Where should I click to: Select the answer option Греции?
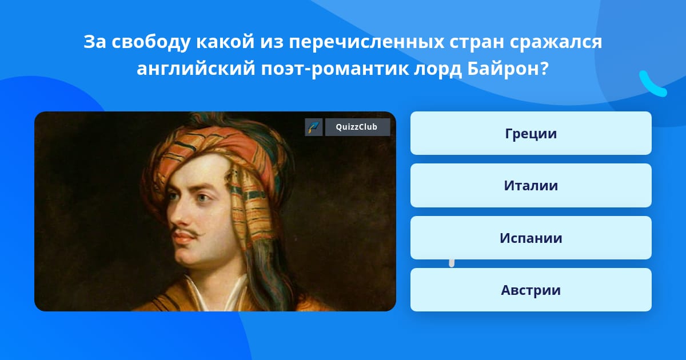coord(531,133)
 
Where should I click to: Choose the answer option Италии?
coord(531,186)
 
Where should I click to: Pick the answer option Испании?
coord(531,238)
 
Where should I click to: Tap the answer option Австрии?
coord(531,290)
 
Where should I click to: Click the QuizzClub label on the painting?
coord(357,127)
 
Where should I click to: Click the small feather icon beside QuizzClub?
coord(314,127)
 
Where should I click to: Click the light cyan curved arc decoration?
coord(652,85)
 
